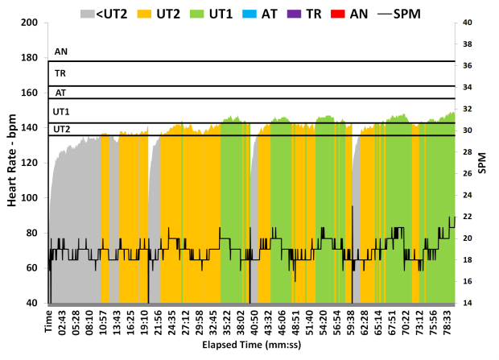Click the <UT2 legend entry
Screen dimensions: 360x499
pyautogui.click(x=107, y=12)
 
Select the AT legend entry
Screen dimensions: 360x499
pyautogui.click(x=270, y=12)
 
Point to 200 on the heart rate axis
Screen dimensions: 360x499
pyautogui.click(x=30, y=23)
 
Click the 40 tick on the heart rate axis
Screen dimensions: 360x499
pyautogui.click(x=33, y=303)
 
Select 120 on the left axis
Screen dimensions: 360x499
pyautogui.click(x=30, y=163)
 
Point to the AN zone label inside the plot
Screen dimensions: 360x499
pyautogui.click(x=61, y=52)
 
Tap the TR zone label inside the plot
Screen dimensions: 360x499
pyautogui.click(x=60, y=73)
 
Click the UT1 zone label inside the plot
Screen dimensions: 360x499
pyautogui.click(x=61, y=111)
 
